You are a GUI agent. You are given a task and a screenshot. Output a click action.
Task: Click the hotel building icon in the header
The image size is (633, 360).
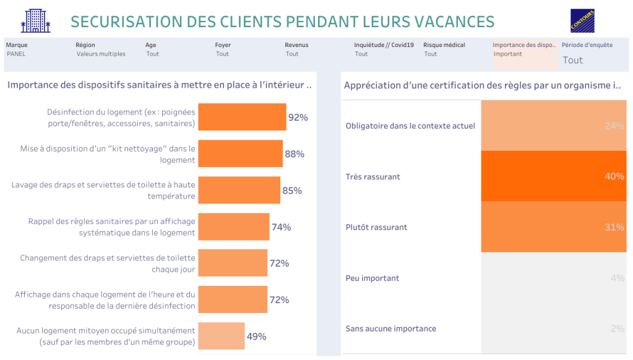click(x=35, y=21)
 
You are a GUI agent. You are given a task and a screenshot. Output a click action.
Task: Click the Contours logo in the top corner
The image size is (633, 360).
click(x=582, y=21)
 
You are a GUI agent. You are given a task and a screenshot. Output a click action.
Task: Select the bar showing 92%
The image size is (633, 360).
click(x=242, y=117)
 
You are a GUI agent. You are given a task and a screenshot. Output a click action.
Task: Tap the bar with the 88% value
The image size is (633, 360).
click(x=240, y=154)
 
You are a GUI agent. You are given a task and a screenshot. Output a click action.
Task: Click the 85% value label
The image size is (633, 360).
click(x=292, y=191)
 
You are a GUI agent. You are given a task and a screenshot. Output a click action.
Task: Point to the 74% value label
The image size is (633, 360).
click(x=281, y=227)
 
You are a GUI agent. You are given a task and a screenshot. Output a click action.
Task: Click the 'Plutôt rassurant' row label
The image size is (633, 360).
click(x=376, y=227)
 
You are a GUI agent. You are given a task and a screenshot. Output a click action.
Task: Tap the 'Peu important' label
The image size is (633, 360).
click(x=372, y=278)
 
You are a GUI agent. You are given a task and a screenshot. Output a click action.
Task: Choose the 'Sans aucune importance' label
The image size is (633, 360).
click(x=390, y=328)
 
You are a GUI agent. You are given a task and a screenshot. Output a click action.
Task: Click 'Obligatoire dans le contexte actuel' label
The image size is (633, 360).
click(x=410, y=126)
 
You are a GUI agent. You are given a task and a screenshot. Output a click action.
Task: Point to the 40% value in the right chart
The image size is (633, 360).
click(x=614, y=176)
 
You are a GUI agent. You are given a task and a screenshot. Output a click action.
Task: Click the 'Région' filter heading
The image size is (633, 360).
click(x=85, y=45)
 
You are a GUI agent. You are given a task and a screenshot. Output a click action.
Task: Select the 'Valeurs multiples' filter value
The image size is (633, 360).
click(x=101, y=54)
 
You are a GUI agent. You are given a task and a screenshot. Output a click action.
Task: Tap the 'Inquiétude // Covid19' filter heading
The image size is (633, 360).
click(x=384, y=45)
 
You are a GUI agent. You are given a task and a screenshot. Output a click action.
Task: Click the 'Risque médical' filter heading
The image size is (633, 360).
click(x=444, y=45)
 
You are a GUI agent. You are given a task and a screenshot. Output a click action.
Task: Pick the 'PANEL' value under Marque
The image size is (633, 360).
click(x=16, y=54)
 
